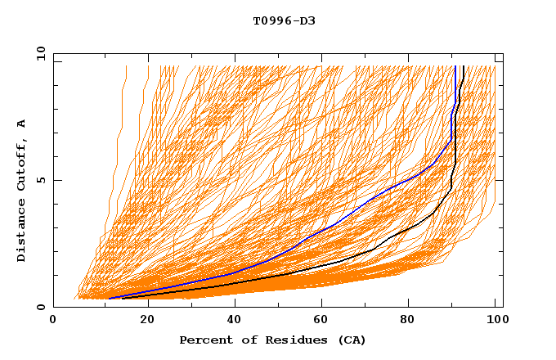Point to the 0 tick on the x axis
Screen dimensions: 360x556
point(54,320)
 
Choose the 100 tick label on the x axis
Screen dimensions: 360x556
point(495,320)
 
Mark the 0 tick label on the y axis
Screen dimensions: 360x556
point(41,307)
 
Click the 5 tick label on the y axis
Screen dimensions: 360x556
point(41,180)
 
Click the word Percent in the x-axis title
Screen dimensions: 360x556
point(202,340)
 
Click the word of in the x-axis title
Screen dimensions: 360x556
point(240,340)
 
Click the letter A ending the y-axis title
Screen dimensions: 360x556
point(21,124)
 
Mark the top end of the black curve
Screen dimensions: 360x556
point(463,66)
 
